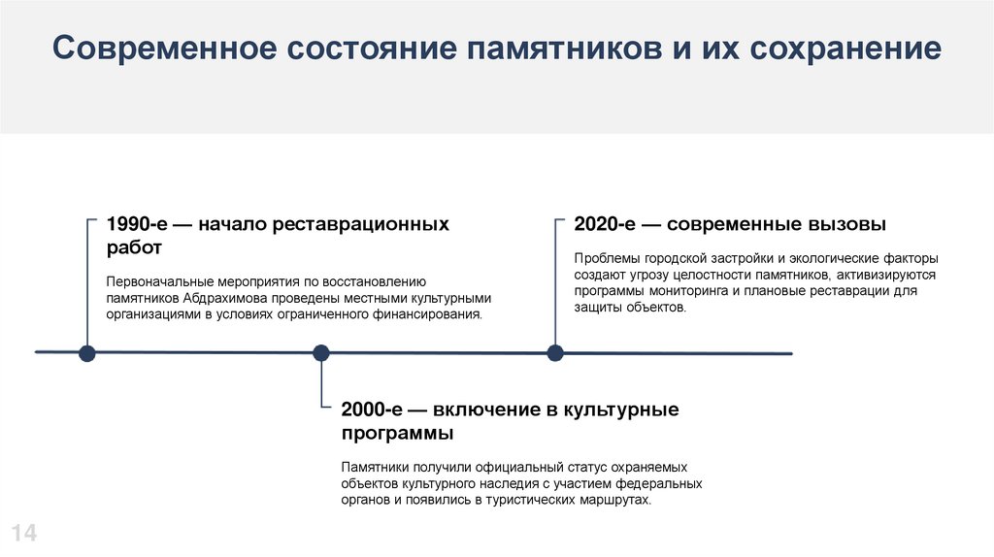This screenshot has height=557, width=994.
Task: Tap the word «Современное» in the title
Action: pyautogui.click(x=161, y=49)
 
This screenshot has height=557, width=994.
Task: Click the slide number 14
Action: pyautogui.click(x=23, y=532)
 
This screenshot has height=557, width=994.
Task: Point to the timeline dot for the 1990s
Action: pyautogui.click(x=87, y=353)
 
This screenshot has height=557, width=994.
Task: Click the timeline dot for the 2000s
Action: pyautogui.click(x=321, y=353)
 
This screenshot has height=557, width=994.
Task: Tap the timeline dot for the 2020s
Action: pyautogui.click(x=555, y=353)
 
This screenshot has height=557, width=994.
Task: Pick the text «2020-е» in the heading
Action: pyautogui.click(x=604, y=224)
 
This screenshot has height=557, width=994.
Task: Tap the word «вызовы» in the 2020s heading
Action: pyautogui.click(x=847, y=224)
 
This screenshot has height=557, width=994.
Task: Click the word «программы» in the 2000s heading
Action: pyautogui.click(x=397, y=433)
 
